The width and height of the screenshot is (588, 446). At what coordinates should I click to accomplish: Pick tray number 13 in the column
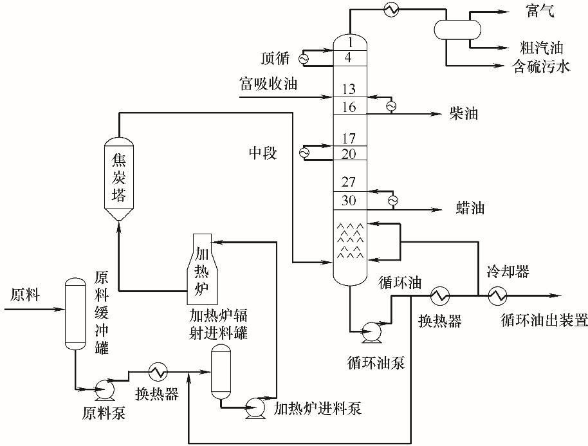coord(349,90)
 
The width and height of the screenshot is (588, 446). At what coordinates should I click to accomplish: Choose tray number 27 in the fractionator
coord(349,183)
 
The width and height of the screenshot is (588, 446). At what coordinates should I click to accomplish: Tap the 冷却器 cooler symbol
coord(497,296)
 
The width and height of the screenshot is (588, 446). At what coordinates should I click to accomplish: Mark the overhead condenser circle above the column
coord(390,8)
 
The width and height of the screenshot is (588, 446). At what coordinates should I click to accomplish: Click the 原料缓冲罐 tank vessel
coord(75,313)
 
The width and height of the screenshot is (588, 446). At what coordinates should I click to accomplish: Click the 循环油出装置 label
coord(544,321)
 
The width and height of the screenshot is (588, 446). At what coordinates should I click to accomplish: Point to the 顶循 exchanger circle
coord(303,58)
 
